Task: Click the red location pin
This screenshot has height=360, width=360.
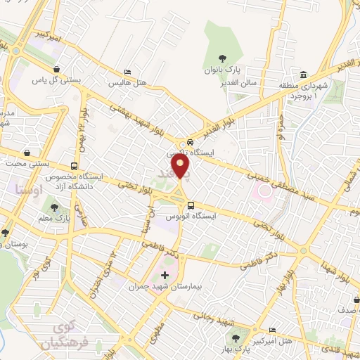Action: tap(181, 167)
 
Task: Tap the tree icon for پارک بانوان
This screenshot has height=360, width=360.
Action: tap(223, 58)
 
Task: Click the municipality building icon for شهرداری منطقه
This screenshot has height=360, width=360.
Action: tap(303, 75)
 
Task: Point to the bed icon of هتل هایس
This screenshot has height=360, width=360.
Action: tap(127, 72)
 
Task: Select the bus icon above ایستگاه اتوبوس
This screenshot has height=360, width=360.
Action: tap(191, 205)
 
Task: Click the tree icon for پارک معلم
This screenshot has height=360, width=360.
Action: tap(54, 207)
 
